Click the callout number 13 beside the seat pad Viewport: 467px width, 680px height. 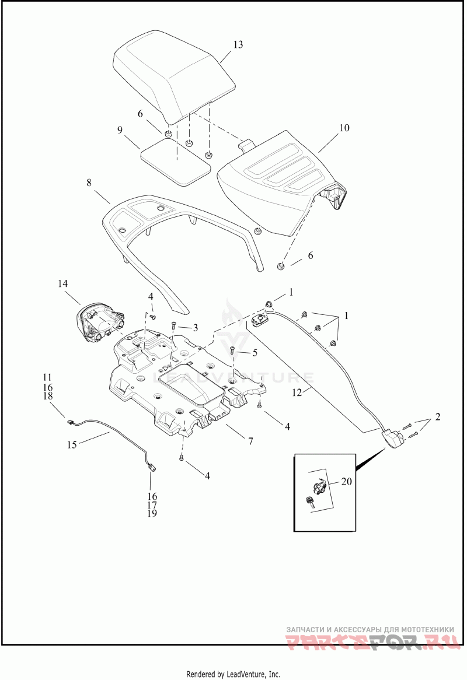pos(238,45)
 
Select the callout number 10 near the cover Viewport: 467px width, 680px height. pos(344,128)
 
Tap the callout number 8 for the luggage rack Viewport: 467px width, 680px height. pos(89,183)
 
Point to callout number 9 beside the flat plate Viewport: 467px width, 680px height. pos(120,130)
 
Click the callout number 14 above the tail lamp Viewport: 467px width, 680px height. pos(62,283)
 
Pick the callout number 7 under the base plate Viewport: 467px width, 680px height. pos(250,441)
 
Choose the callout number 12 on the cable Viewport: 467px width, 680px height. pos(297,392)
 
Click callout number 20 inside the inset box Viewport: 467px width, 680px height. pos(346,481)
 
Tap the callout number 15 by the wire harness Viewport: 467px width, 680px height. pos(72,444)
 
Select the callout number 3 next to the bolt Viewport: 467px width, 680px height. pos(196,328)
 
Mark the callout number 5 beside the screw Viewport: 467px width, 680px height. pos(255,353)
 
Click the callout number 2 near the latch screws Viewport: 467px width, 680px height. pos(437,417)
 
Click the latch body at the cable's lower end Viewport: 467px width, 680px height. pos(393,438)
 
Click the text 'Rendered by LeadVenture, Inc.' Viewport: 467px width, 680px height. pos(233,674)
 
